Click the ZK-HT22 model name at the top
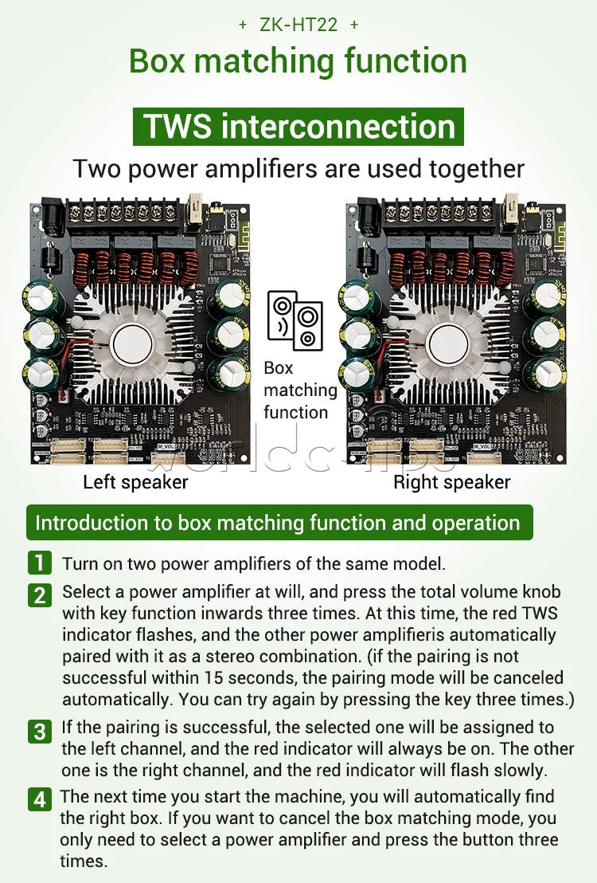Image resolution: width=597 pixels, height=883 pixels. coord(298,24)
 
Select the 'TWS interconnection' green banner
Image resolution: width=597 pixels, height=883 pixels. coord(298,126)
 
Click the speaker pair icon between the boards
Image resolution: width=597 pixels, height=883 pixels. coord(295,320)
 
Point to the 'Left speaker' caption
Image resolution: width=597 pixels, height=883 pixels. coord(135,483)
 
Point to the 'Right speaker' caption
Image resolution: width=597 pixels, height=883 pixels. coord(452,483)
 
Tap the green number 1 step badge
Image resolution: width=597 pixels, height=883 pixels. coord(39,563)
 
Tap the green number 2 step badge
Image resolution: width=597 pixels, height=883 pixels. coord(39,595)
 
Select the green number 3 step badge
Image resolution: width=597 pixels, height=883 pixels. coord(39,731)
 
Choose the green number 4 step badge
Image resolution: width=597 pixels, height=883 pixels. coord(39,799)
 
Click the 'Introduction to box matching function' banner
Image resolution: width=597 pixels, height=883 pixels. coord(279,523)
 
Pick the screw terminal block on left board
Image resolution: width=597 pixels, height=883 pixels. coord(123,214)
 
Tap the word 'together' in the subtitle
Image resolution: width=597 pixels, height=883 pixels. coord(477,169)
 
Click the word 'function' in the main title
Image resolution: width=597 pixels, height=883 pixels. coord(406,61)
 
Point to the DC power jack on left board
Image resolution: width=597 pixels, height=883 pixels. coord(53,216)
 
